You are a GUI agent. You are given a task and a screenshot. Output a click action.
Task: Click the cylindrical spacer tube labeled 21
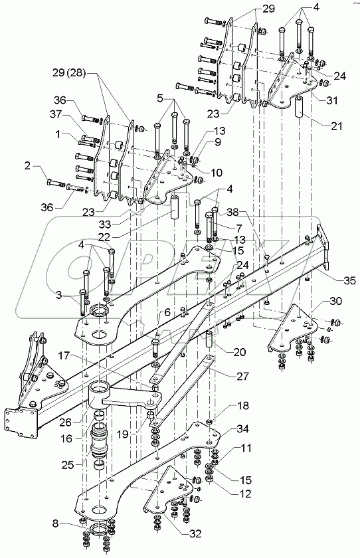(x=299, y=106)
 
